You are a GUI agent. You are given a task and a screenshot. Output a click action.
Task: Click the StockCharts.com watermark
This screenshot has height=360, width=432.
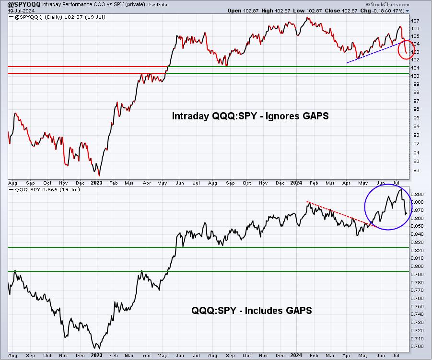(387, 4)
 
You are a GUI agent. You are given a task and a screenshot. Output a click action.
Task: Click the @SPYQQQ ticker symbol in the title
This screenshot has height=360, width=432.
(24, 4)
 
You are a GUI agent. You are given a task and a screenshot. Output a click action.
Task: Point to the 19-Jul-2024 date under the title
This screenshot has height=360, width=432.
(21, 11)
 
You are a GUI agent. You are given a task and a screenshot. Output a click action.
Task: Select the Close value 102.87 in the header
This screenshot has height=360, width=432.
(350, 11)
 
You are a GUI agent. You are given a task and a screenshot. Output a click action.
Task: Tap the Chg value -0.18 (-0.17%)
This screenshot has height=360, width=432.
(386, 11)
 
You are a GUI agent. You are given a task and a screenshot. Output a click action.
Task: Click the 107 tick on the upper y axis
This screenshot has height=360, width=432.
(415, 21)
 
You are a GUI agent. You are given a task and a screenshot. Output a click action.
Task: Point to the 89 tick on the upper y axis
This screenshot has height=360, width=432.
(416, 171)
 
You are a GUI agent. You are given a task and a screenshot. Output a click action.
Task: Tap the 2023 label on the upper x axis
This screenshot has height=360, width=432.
(96, 183)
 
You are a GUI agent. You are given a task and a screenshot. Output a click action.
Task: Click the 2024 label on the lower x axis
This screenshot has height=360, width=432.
(296, 355)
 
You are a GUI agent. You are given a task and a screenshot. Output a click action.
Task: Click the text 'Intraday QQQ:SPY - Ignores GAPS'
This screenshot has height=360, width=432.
(250, 116)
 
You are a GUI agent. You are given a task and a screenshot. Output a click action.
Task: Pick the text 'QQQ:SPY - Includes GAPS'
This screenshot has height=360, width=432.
(252, 311)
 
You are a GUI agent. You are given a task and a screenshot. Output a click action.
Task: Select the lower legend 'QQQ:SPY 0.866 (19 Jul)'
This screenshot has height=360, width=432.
(47, 189)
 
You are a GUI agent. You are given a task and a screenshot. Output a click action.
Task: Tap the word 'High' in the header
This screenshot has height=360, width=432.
(267, 11)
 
